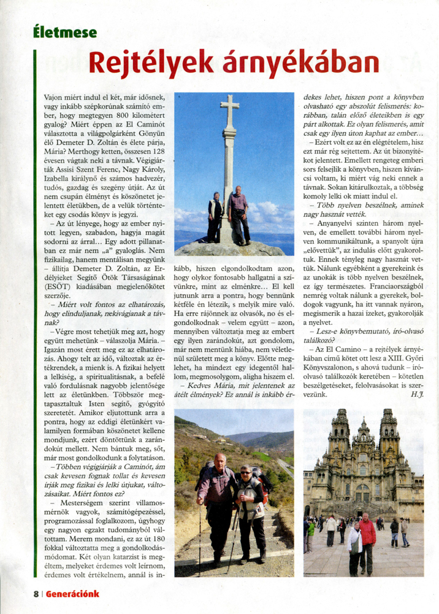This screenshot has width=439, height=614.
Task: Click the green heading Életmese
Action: pos(65,33)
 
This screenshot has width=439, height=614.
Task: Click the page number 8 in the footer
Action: pos(36,594)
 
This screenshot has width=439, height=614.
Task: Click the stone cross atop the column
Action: pos(229,111)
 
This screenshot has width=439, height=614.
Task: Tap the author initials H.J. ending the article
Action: pos(418,394)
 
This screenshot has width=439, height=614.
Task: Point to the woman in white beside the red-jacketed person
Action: pos(354,546)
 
